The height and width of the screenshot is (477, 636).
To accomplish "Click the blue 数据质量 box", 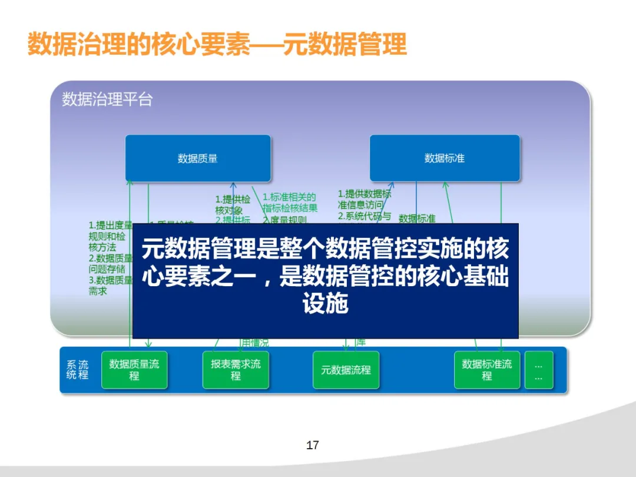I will coord(198,158).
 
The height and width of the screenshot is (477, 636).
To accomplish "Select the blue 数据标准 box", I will coord(445,158).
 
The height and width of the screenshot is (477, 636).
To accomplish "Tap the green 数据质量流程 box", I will coord(134,370).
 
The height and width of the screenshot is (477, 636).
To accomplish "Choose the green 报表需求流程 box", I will coord(236,370).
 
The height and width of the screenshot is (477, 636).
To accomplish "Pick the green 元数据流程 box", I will coord(346,370).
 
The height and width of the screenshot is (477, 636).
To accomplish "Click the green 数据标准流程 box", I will coord(487,370).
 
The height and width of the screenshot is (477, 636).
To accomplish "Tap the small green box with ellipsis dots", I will coord(539,370).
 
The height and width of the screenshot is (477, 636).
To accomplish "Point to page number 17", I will coord(313,445).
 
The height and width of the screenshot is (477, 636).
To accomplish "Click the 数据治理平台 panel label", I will coord(107,100).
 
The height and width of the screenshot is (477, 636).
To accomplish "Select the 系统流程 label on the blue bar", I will coord(77,370).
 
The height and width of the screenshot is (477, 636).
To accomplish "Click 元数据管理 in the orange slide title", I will coord(345,45).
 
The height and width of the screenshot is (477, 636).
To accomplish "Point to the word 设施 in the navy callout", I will coord(325,304).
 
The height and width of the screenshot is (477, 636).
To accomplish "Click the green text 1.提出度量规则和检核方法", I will coord(110,236).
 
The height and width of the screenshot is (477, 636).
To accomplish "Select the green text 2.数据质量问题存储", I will coord(110,263).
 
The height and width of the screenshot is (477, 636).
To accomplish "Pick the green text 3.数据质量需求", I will coord(110,286).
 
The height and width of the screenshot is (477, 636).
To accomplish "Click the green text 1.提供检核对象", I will coord(233,205).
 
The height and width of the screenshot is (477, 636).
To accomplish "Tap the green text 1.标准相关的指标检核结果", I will coord(290,203).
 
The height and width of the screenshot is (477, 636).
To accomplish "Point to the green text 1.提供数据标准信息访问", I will coord(364,199).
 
